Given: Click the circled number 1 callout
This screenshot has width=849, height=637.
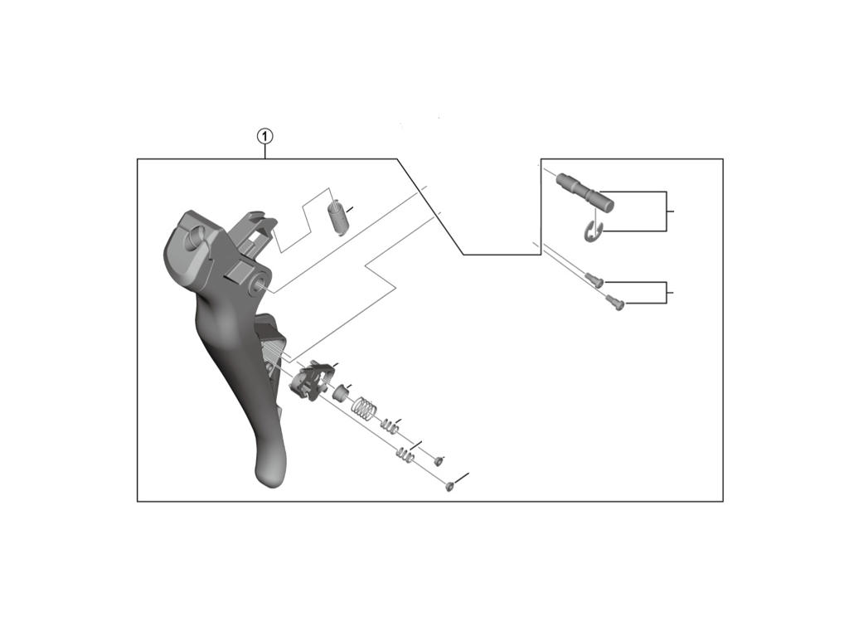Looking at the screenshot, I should point(264,136).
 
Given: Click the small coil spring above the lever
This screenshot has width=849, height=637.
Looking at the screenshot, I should point(337,217).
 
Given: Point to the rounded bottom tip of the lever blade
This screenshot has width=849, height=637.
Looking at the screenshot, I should point(269,473).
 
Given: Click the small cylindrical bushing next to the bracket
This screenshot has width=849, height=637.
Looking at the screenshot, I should point(341,391).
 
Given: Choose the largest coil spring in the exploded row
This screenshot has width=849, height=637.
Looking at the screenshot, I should point(365,408).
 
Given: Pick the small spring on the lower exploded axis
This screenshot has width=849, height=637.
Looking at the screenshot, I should point(405,455).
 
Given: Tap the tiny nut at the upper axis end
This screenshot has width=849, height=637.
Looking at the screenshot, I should point(439,461).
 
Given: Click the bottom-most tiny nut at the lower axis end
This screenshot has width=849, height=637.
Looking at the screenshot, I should point(450,486).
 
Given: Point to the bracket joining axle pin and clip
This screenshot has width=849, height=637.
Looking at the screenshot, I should point(666,211).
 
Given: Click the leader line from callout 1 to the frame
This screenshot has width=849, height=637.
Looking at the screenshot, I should point(264,151).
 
